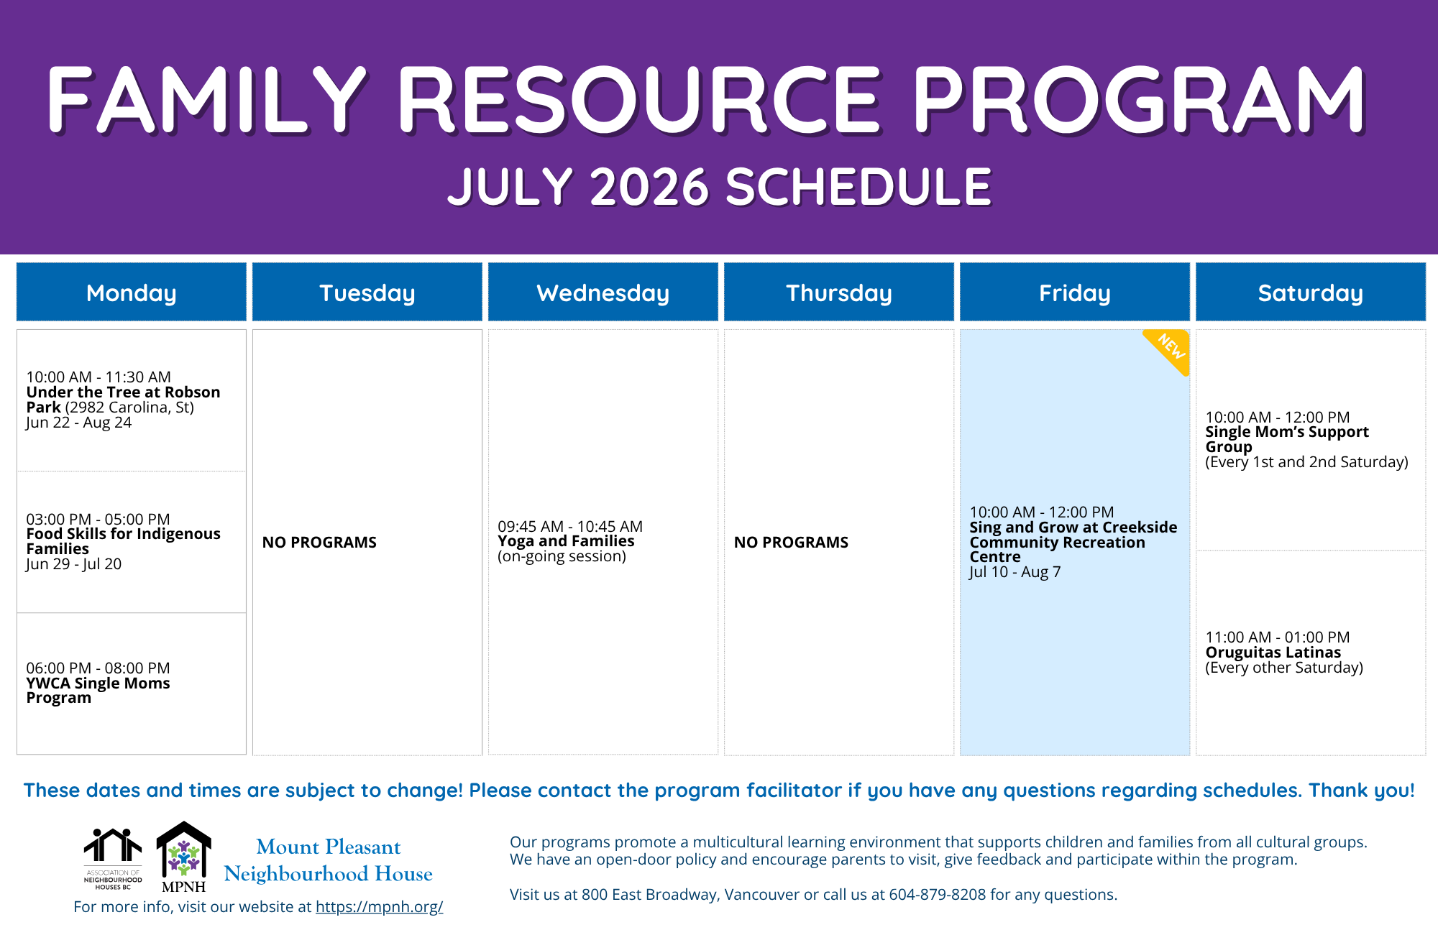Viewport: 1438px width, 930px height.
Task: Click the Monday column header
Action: point(132,292)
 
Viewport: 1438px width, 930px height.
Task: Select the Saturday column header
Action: point(1311,292)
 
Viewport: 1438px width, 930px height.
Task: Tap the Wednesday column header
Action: point(603,292)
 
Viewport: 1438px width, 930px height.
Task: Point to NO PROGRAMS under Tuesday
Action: point(319,543)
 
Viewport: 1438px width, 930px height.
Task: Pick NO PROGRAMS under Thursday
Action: point(791,543)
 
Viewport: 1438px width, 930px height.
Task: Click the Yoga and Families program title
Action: point(566,541)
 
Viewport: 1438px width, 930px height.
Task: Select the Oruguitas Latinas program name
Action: point(1273,653)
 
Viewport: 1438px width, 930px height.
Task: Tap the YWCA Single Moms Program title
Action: point(98,691)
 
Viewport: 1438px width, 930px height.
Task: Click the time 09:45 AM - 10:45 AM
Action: point(570,526)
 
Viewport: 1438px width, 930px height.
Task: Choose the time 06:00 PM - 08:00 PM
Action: point(98,668)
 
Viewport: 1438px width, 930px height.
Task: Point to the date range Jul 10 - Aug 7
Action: point(1015,572)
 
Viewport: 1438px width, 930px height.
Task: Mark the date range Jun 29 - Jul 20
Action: point(73,564)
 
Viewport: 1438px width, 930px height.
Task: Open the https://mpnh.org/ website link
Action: point(379,907)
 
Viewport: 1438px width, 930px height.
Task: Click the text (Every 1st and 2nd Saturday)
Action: point(1306,462)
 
